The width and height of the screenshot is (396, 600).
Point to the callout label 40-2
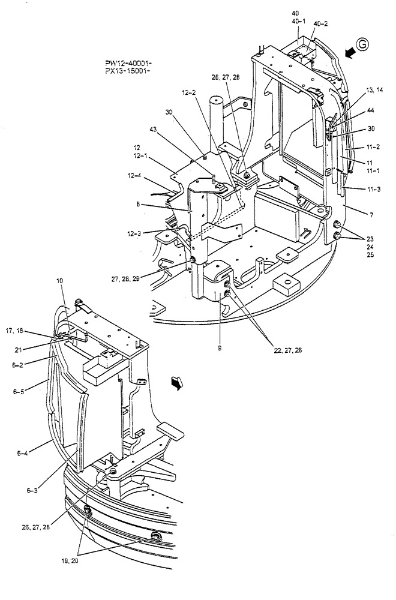point(321,23)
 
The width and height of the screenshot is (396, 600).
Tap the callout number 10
point(59,280)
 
